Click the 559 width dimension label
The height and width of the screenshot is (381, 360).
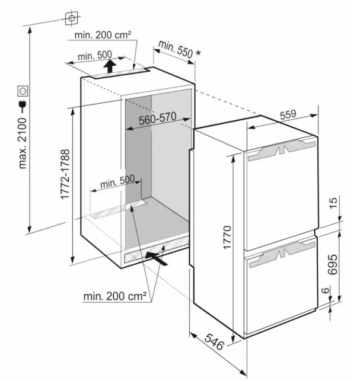[x=288, y=115]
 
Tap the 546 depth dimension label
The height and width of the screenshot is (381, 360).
[x=214, y=342]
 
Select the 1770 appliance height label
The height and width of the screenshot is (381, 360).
[x=227, y=238]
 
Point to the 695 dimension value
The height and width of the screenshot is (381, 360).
[x=333, y=265]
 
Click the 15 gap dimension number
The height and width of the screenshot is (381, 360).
[x=334, y=203]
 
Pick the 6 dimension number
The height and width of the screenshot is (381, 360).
[x=326, y=290]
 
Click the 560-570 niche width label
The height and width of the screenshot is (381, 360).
[x=157, y=119]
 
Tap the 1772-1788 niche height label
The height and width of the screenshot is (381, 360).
[x=65, y=174]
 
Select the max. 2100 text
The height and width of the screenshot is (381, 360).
[x=23, y=143]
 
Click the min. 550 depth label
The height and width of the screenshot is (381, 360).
[x=176, y=49]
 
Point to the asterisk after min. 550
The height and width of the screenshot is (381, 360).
[x=198, y=53]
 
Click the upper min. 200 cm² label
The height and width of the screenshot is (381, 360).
[x=103, y=35]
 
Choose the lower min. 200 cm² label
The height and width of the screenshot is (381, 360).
[x=115, y=296]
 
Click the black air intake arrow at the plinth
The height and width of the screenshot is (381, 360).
[x=157, y=258]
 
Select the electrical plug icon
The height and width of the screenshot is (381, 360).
[x=23, y=105]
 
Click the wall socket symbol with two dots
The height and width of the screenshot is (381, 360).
[x=23, y=91]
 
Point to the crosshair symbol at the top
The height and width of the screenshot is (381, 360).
[x=72, y=18]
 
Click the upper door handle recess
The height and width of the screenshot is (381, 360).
[x=282, y=149]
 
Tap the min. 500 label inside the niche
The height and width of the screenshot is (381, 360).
[x=117, y=181]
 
